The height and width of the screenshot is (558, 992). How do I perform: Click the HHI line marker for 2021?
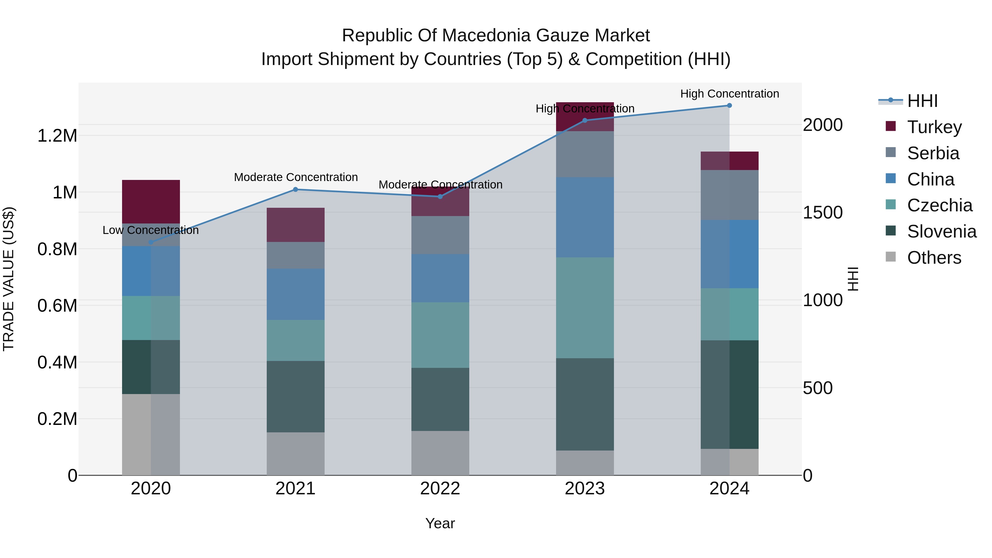(x=295, y=190)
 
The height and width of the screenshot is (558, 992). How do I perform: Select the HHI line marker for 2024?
(x=729, y=106)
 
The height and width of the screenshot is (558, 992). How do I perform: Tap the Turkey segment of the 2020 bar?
(x=151, y=202)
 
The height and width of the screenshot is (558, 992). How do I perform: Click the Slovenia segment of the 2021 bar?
(x=295, y=396)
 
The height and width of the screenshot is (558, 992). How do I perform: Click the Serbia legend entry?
(x=933, y=153)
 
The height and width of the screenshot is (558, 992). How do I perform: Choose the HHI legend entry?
(x=922, y=101)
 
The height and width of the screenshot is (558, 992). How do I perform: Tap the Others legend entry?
(x=934, y=258)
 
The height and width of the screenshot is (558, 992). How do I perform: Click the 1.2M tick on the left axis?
(x=57, y=136)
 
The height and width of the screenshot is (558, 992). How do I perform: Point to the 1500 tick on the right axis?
(x=823, y=213)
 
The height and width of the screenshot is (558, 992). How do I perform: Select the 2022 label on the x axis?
(x=440, y=489)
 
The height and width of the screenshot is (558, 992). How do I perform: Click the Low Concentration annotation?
(x=150, y=230)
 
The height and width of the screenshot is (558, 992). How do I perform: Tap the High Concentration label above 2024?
(x=729, y=94)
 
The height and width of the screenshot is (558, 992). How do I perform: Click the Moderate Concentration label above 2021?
(x=296, y=177)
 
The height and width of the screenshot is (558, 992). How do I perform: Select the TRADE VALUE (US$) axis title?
(x=9, y=279)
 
